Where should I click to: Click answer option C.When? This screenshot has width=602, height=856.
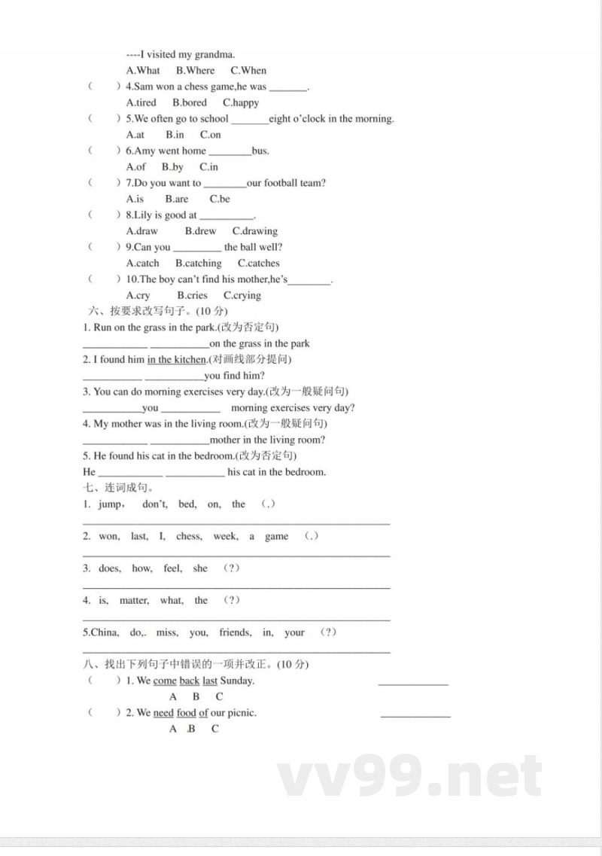point(248,70)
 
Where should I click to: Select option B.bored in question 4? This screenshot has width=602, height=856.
point(189,102)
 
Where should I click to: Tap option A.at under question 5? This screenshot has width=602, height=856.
point(135,135)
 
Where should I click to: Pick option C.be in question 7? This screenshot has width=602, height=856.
point(220,199)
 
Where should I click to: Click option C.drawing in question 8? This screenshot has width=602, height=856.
point(254,231)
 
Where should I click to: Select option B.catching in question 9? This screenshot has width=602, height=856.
point(199,264)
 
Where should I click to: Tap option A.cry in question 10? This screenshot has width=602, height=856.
point(138,296)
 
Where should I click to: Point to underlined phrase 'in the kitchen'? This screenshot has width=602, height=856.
point(176,360)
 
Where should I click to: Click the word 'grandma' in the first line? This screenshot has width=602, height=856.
point(214,54)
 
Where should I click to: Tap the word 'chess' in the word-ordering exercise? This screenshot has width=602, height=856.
point(189,537)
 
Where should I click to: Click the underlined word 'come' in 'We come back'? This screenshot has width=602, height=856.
point(165,681)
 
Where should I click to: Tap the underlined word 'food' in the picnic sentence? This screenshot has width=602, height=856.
point(186,713)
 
